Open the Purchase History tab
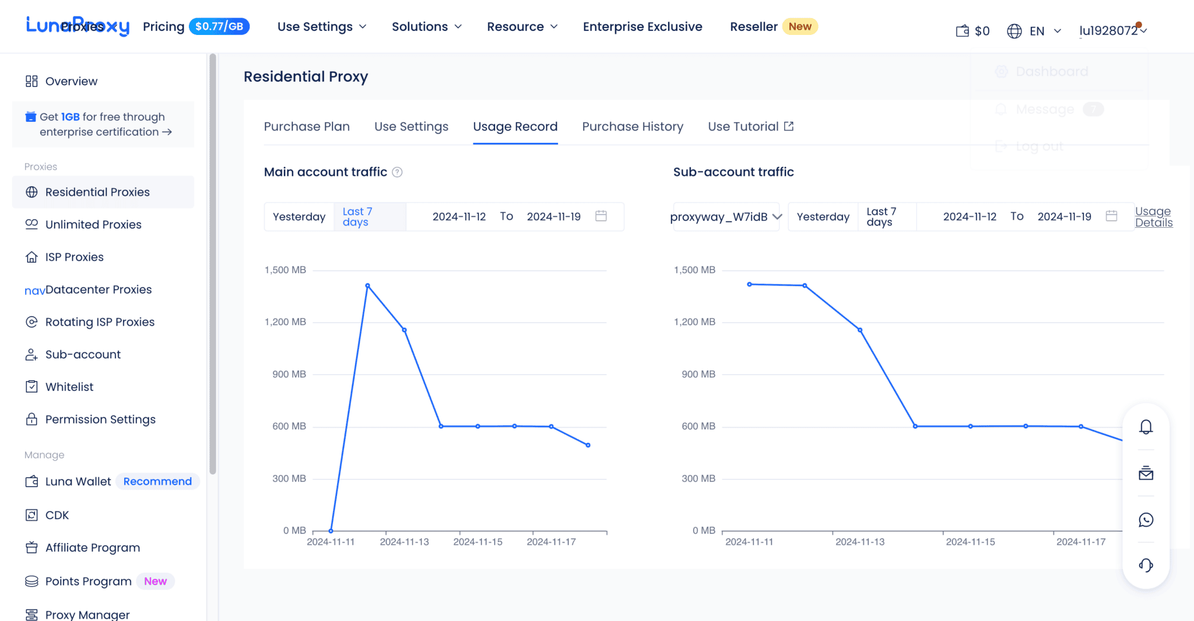point(633,126)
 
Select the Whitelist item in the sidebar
point(69,387)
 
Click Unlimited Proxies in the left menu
point(93,224)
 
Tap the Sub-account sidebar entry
point(83,354)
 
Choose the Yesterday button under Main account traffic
point(299,217)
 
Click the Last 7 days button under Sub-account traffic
point(882,217)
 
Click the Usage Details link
point(1153,217)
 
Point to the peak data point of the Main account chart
point(367,285)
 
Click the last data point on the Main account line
point(588,445)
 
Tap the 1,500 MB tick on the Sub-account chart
point(694,270)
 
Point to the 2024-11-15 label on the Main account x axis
point(477,542)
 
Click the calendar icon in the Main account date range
point(601,216)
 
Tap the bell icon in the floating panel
point(1146,427)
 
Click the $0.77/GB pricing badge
point(219,26)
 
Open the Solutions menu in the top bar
point(426,27)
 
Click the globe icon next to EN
point(1014,31)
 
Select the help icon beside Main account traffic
point(397,172)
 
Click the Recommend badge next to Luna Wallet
point(157,481)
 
